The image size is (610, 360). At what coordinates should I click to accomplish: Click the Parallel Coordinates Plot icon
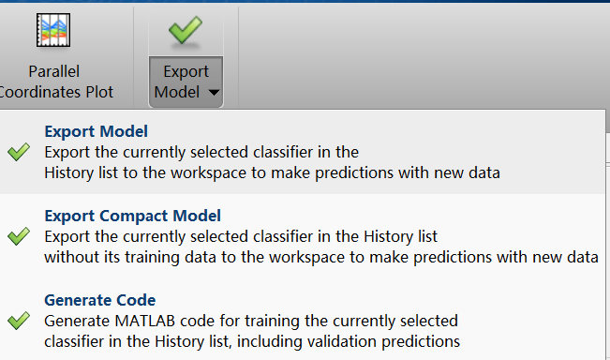(x=54, y=32)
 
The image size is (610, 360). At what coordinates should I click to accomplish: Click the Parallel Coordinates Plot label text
(x=54, y=82)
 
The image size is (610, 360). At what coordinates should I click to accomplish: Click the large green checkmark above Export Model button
(x=186, y=31)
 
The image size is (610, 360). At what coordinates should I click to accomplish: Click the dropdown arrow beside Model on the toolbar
(x=215, y=93)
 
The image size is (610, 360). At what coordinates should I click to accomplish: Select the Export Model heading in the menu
(x=97, y=131)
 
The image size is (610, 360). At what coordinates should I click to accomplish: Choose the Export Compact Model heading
(x=132, y=216)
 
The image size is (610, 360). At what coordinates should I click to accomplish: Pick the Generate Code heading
(x=99, y=300)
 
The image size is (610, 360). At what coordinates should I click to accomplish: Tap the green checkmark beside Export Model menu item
(x=18, y=152)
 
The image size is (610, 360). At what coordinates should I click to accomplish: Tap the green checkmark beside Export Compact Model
(x=18, y=236)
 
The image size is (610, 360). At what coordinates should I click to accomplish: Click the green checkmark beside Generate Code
(x=18, y=321)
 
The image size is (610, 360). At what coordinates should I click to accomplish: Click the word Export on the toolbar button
(x=186, y=72)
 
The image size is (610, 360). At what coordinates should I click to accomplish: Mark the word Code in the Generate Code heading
(x=138, y=300)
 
